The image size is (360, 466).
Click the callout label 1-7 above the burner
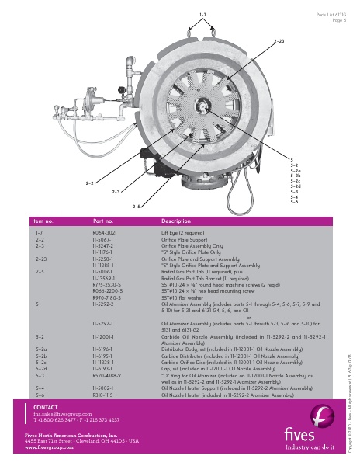tap(203, 15)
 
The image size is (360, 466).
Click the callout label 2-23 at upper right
tap(279, 37)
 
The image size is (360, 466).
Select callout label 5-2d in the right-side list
tap(295, 186)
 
